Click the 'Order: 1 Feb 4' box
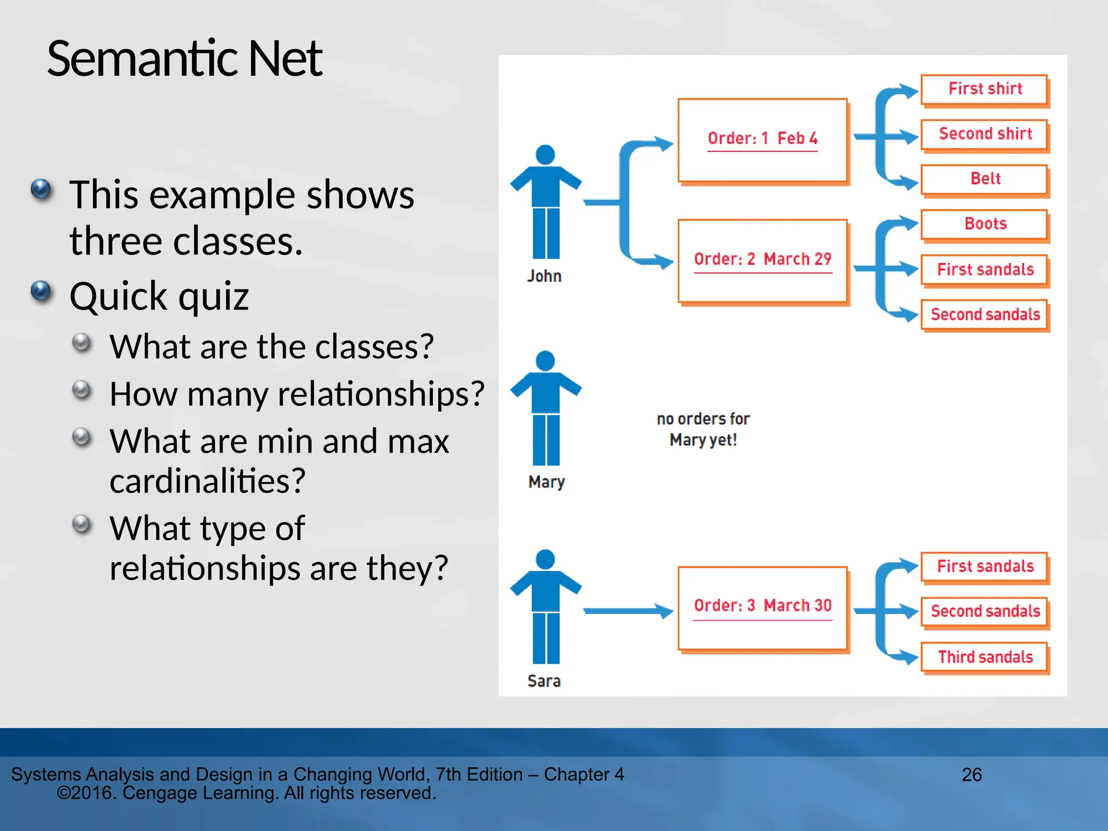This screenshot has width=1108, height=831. pyautogui.click(x=762, y=140)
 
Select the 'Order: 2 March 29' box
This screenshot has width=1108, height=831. pyautogui.click(x=762, y=260)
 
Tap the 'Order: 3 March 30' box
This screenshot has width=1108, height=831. pyautogui.click(x=762, y=608)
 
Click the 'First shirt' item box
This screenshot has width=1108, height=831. pyautogui.click(x=984, y=89)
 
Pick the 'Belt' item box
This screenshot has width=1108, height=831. pyautogui.click(x=984, y=179)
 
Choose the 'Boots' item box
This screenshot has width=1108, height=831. pyautogui.click(x=984, y=224)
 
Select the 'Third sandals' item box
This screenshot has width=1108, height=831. pyautogui.click(x=984, y=657)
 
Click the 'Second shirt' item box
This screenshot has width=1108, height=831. pyautogui.click(x=984, y=134)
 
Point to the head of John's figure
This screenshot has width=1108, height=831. pyautogui.click(x=545, y=155)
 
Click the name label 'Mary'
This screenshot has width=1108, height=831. pyautogui.click(x=546, y=482)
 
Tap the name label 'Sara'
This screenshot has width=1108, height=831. pyautogui.click(x=544, y=681)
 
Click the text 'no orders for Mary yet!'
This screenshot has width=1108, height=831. pyautogui.click(x=703, y=430)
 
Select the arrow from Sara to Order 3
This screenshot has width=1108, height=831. pyautogui.click(x=628, y=611)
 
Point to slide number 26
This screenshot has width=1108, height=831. pyautogui.click(x=971, y=775)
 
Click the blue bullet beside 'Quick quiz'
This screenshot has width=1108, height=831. pyautogui.click(x=41, y=292)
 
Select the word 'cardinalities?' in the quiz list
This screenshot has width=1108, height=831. pyautogui.click(x=207, y=480)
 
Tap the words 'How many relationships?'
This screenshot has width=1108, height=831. pyautogui.click(x=296, y=394)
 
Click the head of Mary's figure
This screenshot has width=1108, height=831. pyautogui.click(x=545, y=361)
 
